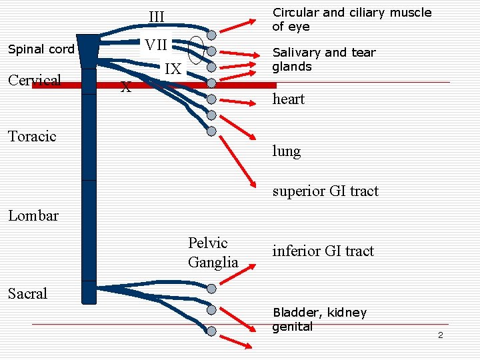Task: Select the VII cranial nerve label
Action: pos(156,45)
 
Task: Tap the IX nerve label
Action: pos(173,69)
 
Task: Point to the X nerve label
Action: pos(125,87)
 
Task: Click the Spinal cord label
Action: pos(41,49)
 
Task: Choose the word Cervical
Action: pos(35,81)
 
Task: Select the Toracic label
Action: pos(32,137)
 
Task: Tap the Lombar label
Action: pos(33,215)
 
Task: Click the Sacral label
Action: pos(28,293)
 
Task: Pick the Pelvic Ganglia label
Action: pos(213,253)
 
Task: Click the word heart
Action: pos(288,99)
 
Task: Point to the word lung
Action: pos(286,151)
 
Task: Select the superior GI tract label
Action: pos(325,191)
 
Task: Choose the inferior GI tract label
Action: pos(323,251)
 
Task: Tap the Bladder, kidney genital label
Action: pos(319,319)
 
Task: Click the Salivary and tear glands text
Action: pos(323,59)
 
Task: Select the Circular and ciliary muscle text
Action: pos(351,19)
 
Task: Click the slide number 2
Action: pos(440,335)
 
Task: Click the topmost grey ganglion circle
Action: pos(211,34)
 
